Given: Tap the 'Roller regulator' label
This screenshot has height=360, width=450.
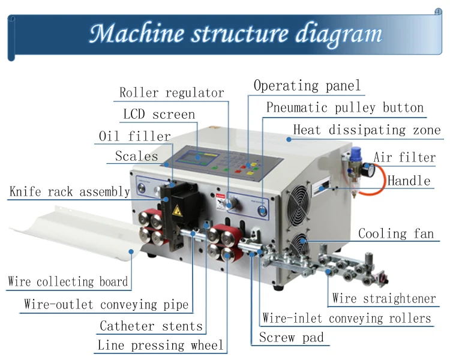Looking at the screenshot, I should [x=172, y=93].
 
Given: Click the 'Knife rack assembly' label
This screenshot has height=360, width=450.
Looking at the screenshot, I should [x=70, y=192].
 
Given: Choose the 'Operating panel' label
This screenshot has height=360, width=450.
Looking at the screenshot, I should [x=307, y=86].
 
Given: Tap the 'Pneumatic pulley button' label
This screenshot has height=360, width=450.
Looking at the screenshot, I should [x=345, y=108].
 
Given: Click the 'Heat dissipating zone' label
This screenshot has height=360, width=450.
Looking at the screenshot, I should [x=367, y=130].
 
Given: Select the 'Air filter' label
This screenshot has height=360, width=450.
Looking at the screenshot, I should [x=404, y=158].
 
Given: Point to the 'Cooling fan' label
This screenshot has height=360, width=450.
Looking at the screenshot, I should [x=395, y=233].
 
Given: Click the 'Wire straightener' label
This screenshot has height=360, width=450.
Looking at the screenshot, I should [x=384, y=298].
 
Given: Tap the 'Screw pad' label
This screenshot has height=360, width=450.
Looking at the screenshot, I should [x=291, y=337].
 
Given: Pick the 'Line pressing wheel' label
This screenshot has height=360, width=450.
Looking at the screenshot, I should [x=160, y=345].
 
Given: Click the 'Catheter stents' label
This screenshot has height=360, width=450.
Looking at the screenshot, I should [x=151, y=326].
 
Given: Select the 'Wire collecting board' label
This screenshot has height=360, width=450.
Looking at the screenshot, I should [x=68, y=281].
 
